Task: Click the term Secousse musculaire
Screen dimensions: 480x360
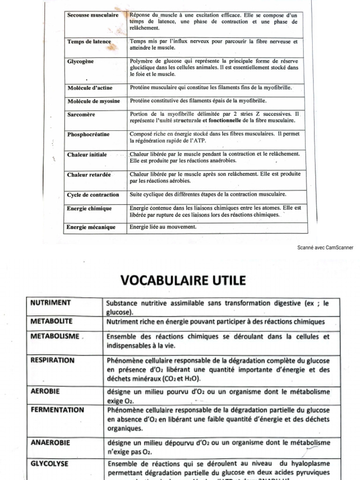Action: (92, 15)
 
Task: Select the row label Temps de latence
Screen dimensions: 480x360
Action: (89, 42)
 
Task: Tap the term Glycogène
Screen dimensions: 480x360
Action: (81, 61)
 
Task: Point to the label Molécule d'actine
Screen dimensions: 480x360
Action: (91, 88)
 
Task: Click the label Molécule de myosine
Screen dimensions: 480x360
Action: (93, 101)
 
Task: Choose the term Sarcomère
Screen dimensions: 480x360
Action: (81, 114)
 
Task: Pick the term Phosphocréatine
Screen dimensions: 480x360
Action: (88, 135)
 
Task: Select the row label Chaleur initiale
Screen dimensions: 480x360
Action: (87, 155)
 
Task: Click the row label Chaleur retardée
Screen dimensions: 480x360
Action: (89, 175)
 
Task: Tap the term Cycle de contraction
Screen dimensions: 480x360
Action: (93, 195)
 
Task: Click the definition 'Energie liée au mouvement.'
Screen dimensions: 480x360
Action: (163, 227)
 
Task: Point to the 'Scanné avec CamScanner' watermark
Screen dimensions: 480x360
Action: (325, 248)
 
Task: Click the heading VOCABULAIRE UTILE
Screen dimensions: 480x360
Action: (183, 280)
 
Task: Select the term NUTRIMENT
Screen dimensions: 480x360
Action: (51, 303)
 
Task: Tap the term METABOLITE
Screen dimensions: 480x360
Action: (52, 321)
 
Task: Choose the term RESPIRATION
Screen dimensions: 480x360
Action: (52, 360)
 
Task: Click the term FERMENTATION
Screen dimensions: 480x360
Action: (57, 410)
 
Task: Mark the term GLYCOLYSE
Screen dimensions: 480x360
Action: (50, 464)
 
